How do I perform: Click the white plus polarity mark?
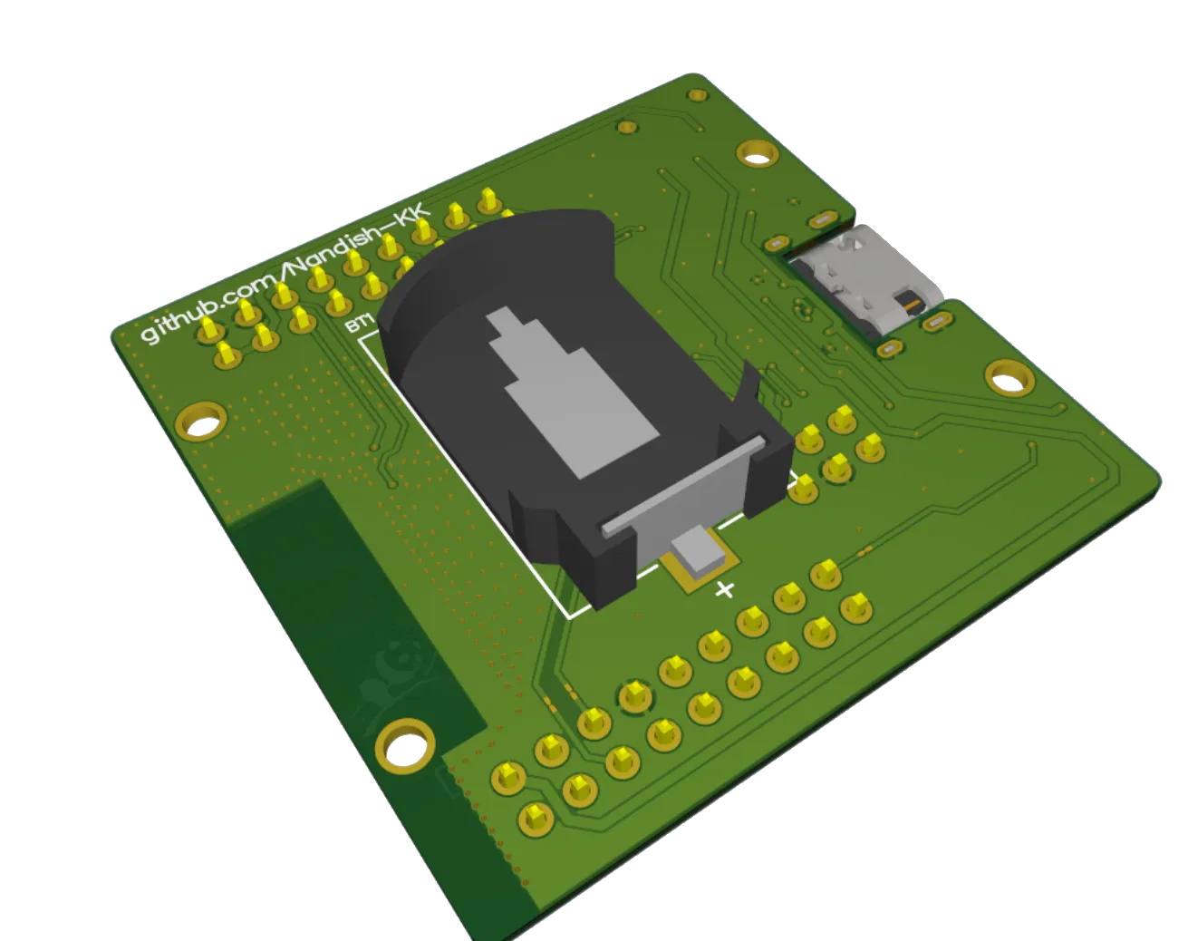tap(724, 590)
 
